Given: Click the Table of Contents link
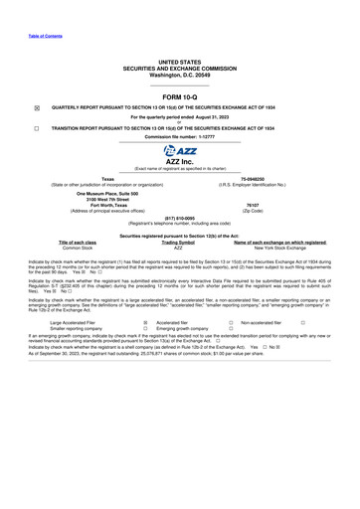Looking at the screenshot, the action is [46, 36].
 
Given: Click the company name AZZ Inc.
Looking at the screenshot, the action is [180, 161].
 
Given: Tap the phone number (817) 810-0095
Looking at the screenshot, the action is [179, 217].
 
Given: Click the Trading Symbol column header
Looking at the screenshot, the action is [179, 242].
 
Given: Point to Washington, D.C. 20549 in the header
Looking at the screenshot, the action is [179, 74].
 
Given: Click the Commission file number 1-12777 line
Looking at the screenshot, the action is [179, 136].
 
